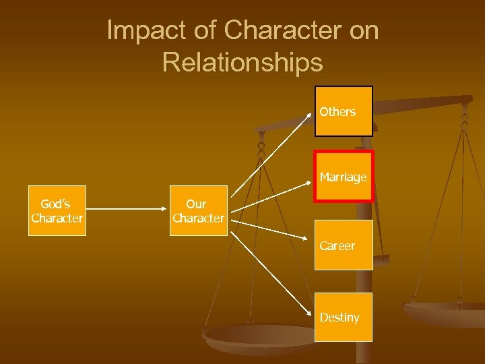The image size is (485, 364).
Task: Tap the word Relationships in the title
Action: click(243, 62)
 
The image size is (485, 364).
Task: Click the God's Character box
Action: click(57, 210)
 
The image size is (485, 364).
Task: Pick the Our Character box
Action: click(197, 210)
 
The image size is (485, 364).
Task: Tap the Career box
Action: click(344, 245)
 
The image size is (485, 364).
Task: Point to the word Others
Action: click(337, 112)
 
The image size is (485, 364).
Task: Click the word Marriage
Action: click(343, 177)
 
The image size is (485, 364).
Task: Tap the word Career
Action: click(337, 246)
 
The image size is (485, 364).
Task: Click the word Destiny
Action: click(339, 317)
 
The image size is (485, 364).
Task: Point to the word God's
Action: click(55, 204)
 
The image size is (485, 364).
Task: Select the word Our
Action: click(196, 204)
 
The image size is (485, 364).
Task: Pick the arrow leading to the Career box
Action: click(273, 233)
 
